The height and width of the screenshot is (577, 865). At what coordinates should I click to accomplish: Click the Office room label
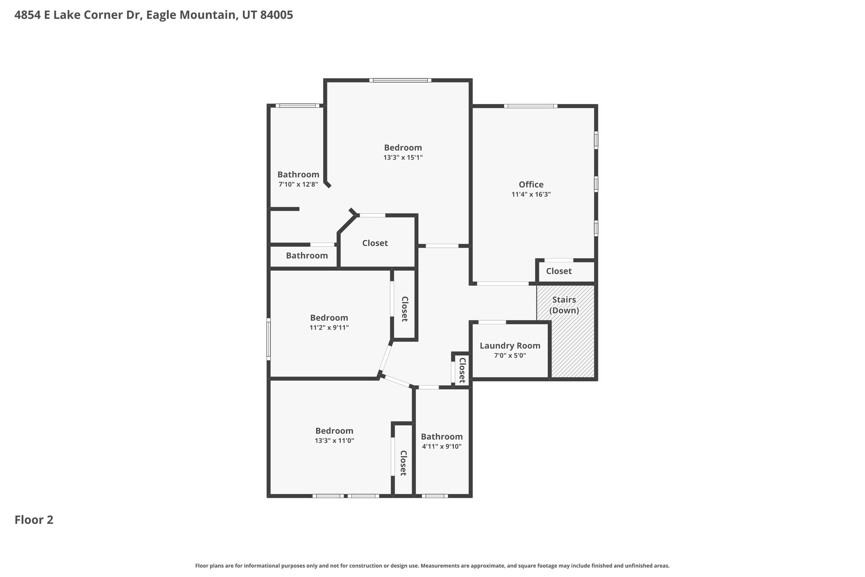pyautogui.click(x=531, y=185)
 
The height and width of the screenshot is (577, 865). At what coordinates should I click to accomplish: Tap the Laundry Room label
pyautogui.click(x=510, y=346)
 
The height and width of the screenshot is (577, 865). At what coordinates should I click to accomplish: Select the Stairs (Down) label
pyautogui.click(x=564, y=305)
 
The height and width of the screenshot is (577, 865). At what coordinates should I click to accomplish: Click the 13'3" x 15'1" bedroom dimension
pyautogui.click(x=403, y=158)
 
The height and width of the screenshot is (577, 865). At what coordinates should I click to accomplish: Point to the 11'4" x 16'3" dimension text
pyautogui.click(x=531, y=194)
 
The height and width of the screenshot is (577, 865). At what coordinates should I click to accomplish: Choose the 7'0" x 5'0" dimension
pyautogui.click(x=510, y=355)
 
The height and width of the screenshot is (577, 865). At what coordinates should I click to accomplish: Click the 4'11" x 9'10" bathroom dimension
pyautogui.click(x=441, y=446)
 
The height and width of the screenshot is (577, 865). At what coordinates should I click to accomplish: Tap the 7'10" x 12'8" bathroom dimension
pyautogui.click(x=298, y=184)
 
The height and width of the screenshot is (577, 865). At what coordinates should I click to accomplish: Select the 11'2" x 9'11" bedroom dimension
pyautogui.click(x=329, y=328)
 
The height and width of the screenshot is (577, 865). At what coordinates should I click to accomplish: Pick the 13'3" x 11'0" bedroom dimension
pyautogui.click(x=334, y=440)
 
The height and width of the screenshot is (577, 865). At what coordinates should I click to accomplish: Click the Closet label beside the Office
pyautogui.click(x=559, y=271)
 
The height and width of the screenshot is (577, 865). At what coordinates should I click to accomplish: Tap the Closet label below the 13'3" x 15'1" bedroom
pyautogui.click(x=375, y=243)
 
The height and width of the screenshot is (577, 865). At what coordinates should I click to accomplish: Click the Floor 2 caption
pyautogui.click(x=34, y=520)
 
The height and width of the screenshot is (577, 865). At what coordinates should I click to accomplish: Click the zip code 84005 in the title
pyautogui.click(x=276, y=15)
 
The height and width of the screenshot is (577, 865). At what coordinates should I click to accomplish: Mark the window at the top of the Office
pyautogui.click(x=530, y=106)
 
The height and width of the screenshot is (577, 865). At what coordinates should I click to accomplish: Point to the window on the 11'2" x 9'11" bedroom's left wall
pyautogui.click(x=268, y=339)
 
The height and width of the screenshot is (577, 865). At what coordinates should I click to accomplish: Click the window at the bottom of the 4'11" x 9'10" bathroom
pyautogui.click(x=435, y=496)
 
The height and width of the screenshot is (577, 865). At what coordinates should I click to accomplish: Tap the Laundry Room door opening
pyautogui.click(x=492, y=323)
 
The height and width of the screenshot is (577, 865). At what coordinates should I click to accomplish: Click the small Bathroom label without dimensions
pyautogui.click(x=307, y=256)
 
